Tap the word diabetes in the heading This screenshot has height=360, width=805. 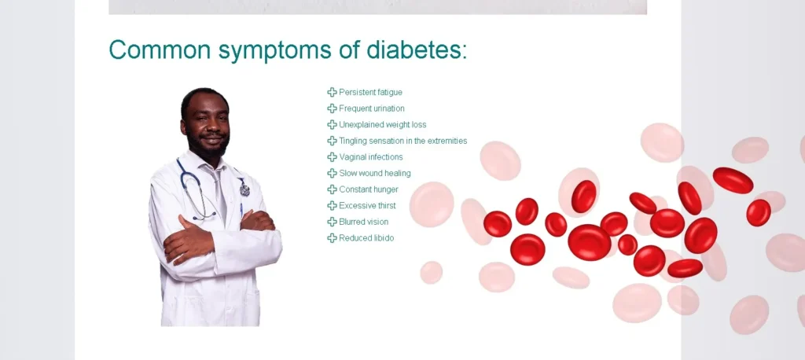point(417,50)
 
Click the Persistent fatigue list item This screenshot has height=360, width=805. point(371,93)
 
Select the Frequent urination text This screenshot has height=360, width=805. point(372,108)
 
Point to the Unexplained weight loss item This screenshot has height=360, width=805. point(383,125)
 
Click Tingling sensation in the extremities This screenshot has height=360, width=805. point(403,141)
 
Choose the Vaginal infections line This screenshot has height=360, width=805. point(371,157)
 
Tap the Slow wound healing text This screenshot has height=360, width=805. point(375,173)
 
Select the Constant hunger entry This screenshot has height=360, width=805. point(369,189)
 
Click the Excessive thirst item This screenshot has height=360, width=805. point(368,205)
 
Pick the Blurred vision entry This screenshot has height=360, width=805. point(363,222)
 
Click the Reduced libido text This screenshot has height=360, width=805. point(366,238)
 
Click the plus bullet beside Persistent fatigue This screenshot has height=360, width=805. point(333,93)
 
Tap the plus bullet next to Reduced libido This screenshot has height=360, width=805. point(333,238)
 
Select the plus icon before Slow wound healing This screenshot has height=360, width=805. point(333,173)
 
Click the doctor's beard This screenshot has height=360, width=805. point(207,145)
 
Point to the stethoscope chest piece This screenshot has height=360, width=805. point(244,189)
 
